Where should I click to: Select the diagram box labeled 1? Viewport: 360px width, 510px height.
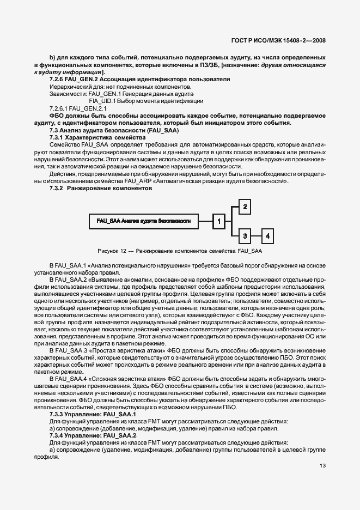point(218,221)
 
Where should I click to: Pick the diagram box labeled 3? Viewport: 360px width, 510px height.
point(246,236)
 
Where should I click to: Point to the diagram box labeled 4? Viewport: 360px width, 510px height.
point(268,236)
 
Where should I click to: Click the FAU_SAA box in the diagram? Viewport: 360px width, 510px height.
point(143,221)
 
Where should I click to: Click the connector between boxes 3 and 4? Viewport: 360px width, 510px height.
point(257,236)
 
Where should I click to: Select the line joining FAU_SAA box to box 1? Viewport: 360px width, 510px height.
point(204,221)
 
